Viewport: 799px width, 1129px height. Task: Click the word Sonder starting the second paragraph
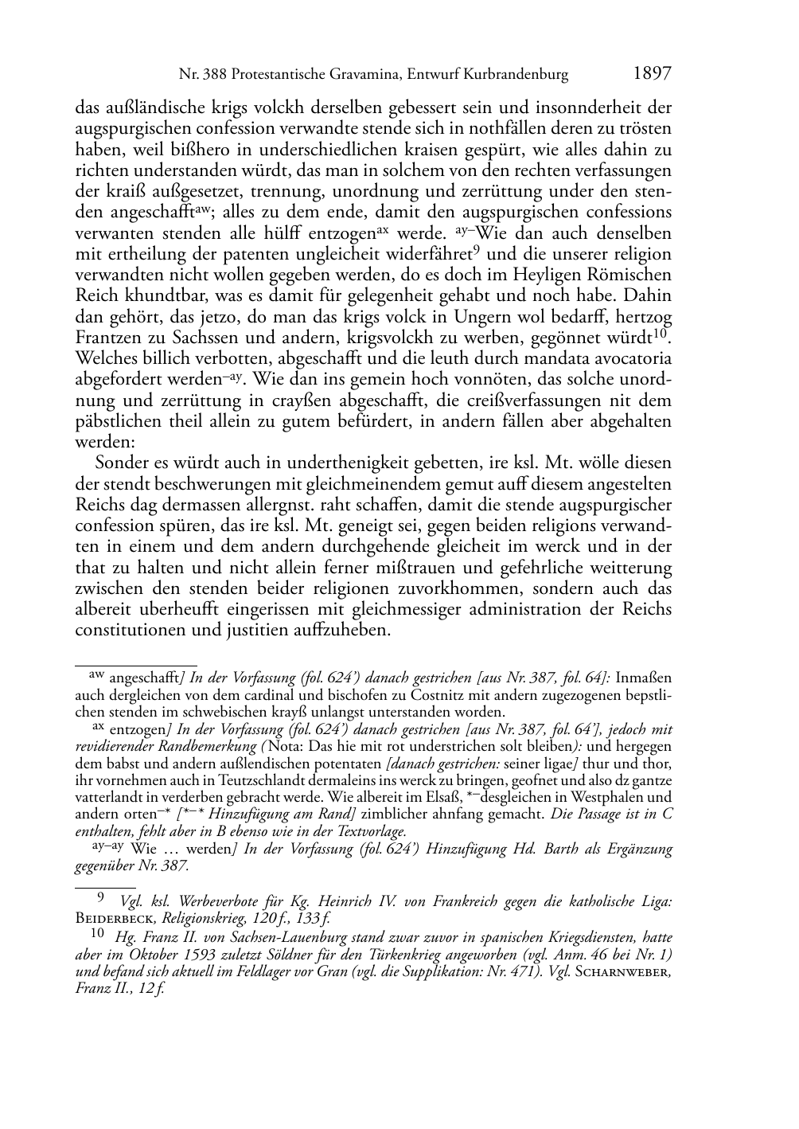[121, 463]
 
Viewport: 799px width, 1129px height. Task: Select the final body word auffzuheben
[345, 630]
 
